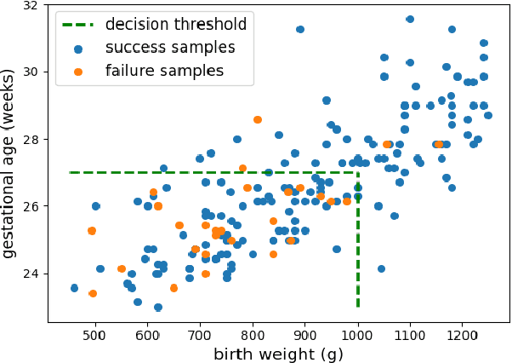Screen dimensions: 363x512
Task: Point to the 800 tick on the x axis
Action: click(x=253, y=324)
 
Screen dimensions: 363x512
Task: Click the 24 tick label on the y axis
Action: click(x=30, y=274)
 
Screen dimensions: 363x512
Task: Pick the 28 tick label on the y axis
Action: click(x=30, y=139)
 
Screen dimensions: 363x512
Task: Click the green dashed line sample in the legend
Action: click(x=78, y=25)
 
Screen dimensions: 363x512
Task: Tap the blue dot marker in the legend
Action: click(x=78, y=48)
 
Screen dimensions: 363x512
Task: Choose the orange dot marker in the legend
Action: click(x=78, y=71)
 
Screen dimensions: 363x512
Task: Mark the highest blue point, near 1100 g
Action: click(x=410, y=19)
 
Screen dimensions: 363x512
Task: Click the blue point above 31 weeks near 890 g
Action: click(x=300, y=29)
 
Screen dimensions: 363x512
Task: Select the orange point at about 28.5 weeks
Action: click(x=258, y=120)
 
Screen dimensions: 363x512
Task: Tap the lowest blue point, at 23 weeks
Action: click(x=158, y=307)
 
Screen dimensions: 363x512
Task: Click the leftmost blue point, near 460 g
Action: click(x=74, y=288)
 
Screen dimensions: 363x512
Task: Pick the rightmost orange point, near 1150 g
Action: click(x=439, y=145)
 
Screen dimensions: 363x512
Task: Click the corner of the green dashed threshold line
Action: click(x=358, y=172)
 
